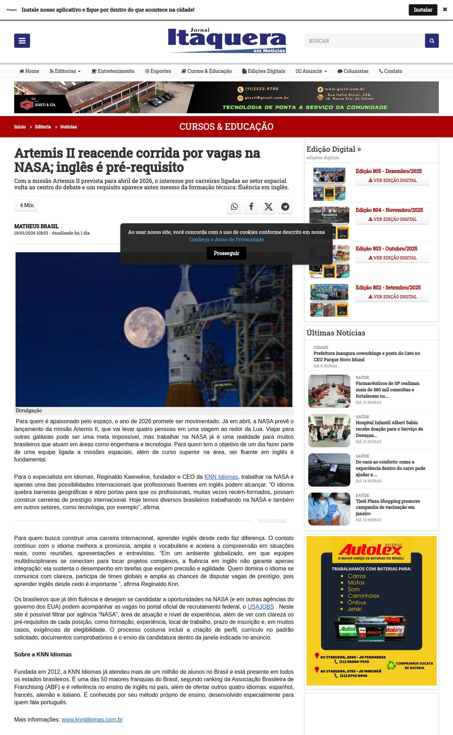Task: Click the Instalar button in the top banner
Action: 423,10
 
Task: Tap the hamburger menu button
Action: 22,41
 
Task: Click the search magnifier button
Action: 432,41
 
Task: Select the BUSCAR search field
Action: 365,41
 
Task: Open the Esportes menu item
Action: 158,71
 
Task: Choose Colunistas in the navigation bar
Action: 353,71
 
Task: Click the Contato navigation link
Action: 391,71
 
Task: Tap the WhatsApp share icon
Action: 234,207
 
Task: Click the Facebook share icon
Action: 251,207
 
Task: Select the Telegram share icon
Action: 285,207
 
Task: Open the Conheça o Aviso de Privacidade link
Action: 226,240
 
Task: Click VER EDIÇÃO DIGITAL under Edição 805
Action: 392,180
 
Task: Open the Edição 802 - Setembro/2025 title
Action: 388,288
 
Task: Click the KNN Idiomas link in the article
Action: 221,477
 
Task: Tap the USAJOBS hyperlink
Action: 260,607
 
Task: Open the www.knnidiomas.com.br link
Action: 92,720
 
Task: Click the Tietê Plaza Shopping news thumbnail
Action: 329,509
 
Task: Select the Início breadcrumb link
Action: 20,127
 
